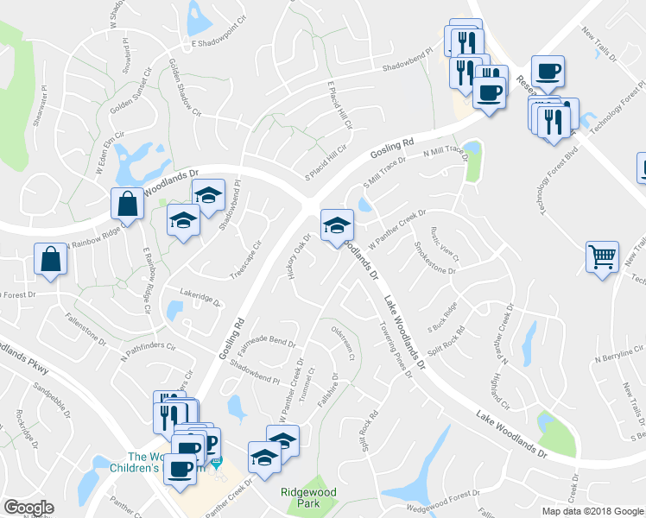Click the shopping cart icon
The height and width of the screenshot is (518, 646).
(x=603, y=256)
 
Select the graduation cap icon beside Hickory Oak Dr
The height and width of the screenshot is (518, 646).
(x=337, y=226)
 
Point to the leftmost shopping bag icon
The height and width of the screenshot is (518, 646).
(x=50, y=259)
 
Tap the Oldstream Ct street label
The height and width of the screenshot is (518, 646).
(x=342, y=344)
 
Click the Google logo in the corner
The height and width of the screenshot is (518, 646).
(x=28, y=508)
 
